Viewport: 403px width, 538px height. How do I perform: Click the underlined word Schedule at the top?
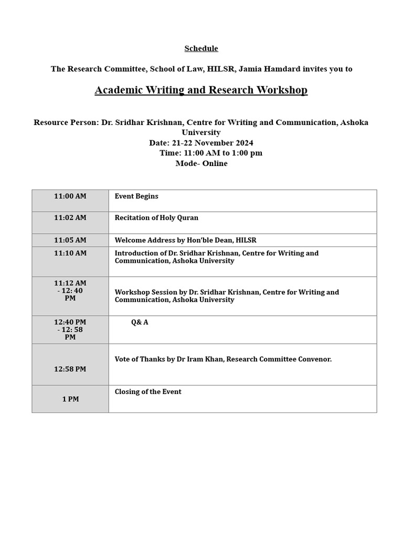201,49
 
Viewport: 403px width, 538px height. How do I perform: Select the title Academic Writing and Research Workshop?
201,90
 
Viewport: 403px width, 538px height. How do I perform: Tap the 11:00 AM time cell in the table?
70,196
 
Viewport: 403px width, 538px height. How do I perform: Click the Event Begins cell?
136,196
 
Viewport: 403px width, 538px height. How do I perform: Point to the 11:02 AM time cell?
70,218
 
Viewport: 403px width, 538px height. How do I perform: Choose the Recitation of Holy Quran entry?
156,218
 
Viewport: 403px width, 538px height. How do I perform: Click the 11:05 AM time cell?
70,241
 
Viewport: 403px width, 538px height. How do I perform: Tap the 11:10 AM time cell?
70,253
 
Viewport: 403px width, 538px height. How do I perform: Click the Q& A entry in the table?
140,323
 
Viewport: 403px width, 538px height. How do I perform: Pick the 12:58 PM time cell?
70,369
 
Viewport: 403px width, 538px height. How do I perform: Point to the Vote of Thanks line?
223,359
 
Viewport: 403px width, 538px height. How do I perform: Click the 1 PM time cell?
70,399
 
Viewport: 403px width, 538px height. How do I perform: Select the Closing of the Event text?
148,392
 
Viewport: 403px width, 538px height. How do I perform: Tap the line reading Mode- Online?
201,163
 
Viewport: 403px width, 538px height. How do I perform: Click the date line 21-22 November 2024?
201,143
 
